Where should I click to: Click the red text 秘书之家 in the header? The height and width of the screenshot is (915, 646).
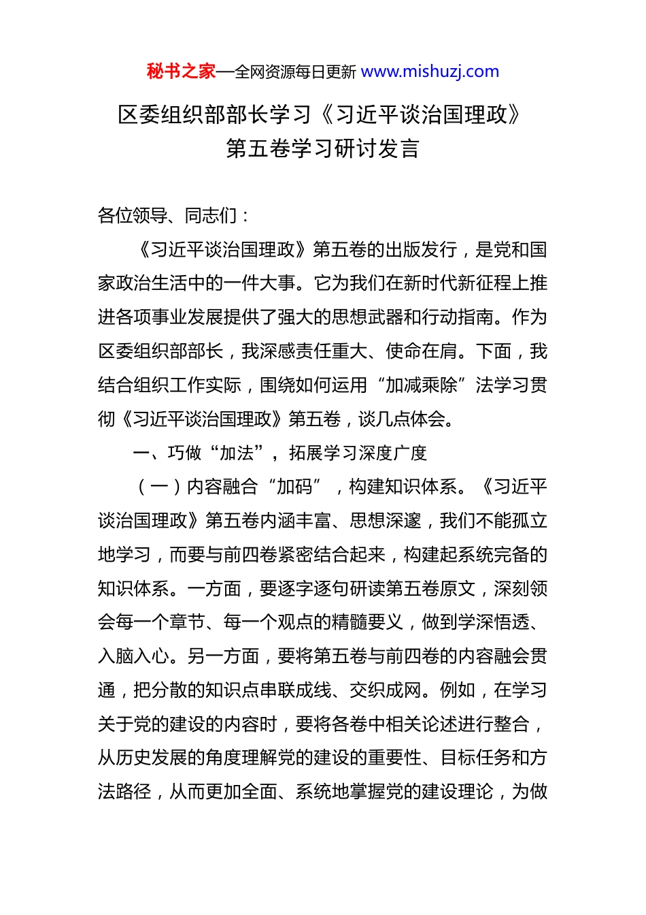click(181, 71)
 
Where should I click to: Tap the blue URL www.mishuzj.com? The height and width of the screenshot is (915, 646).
click(430, 71)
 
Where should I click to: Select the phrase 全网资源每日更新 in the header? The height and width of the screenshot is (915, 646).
click(295, 72)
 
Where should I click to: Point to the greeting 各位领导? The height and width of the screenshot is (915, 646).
click(133, 216)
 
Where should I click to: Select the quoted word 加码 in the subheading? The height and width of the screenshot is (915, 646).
click(294, 487)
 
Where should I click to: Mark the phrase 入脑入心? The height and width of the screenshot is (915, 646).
click(133, 656)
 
